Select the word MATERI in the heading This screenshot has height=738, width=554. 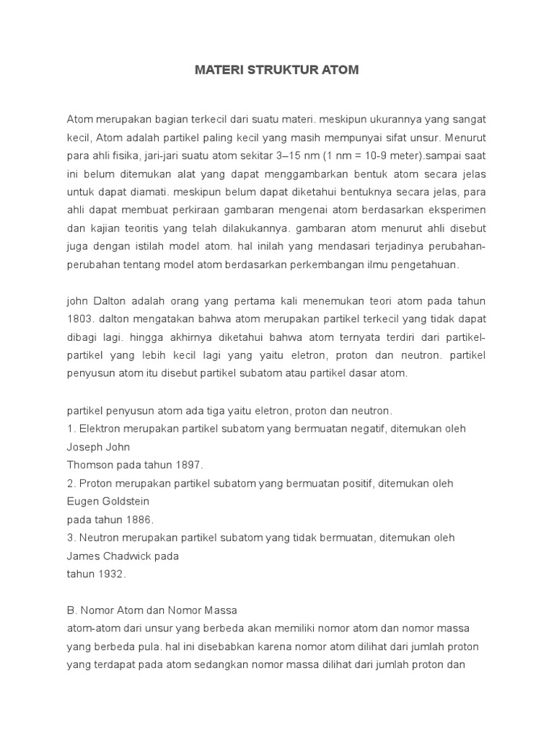[217, 71]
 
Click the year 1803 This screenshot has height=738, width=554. [82, 318]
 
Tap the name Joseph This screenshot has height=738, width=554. [84, 447]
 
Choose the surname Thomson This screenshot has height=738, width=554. [89, 465]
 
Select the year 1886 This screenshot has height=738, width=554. [139, 520]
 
